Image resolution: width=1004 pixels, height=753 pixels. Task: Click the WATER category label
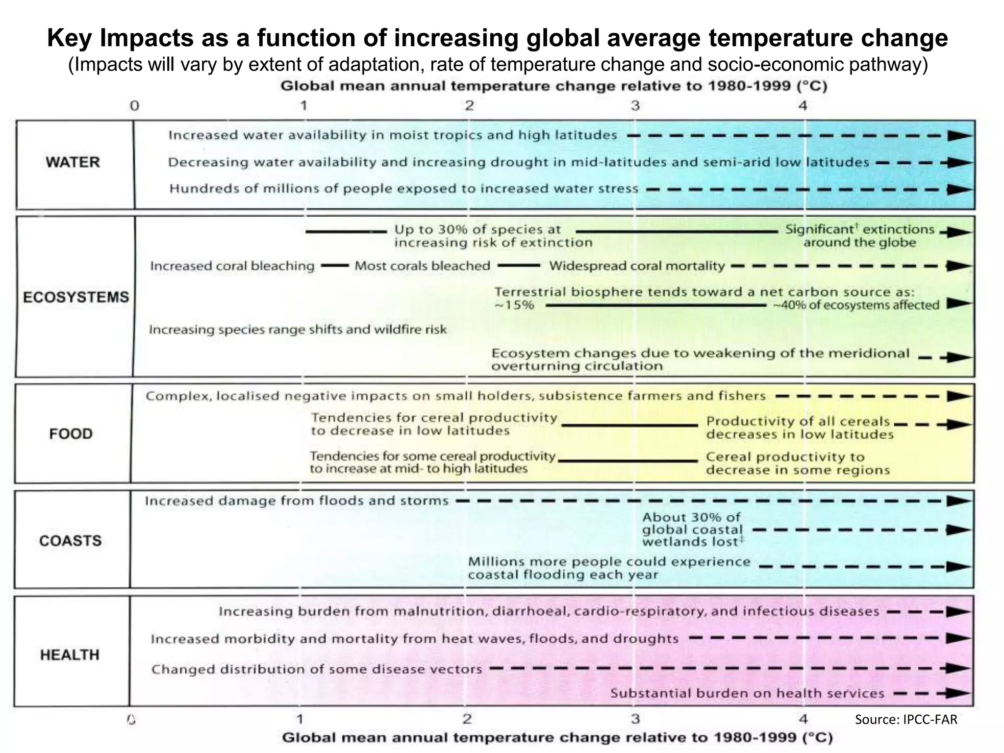pyautogui.click(x=73, y=162)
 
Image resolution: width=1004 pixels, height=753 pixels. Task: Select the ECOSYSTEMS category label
pyautogui.click(x=76, y=297)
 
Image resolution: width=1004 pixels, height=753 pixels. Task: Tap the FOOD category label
pyautogui.click(x=71, y=434)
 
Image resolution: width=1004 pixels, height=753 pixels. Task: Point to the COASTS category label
pyautogui.click(x=71, y=541)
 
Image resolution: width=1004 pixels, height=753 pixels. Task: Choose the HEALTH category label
pyautogui.click(x=70, y=655)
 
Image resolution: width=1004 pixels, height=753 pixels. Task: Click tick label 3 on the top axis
pyautogui.click(x=635, y=105)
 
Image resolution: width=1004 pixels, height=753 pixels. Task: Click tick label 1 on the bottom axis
pyautogui.click(x=300, y=719)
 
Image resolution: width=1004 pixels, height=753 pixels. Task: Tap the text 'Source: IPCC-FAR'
pyautogui.click(x=906, y=719)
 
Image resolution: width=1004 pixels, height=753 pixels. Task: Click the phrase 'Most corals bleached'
pyautogui.click(x=422, y=266)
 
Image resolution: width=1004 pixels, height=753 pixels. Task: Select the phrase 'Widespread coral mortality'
pyautogui.click(x=637, y=266)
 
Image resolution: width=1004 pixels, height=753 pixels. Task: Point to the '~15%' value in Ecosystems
pyautogui.click(x=514, y=305)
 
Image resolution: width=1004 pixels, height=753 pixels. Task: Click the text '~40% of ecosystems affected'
pyautogui.click(x=856, y=305)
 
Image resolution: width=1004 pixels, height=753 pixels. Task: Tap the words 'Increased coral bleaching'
pyautogui.click(x=232, y=266)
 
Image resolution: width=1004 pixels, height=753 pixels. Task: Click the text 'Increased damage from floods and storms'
pyautogui.click(x=297, y=501)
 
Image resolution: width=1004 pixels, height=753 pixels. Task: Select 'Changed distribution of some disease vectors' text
pyautogui.click(x=317, y=670)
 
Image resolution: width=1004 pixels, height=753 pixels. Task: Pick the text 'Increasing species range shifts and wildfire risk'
pyautogui.click(x=298, y=329)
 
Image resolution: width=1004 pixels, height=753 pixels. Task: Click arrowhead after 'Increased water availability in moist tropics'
pyautogui.click(x=959, y=136)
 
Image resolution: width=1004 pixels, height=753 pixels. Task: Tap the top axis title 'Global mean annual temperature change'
pyautogui.click(x=554, y=86)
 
